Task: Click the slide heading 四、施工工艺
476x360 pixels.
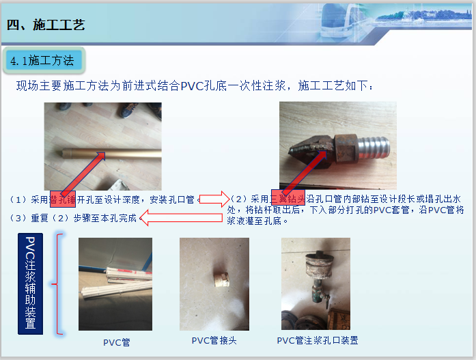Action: pyautogui.click(x=45, y=25)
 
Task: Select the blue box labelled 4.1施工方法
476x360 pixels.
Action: pyautogui.click(x=42, y=61)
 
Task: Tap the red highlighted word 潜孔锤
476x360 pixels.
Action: pyautogui.click(x=63, y=199)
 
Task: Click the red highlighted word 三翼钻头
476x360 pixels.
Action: pyautogui.click(x=288, y=199)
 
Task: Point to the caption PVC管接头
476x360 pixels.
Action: pyautogui.click(x=214, y=340)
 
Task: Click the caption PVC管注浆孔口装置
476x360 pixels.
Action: pyautogui.click(x=317, y=340)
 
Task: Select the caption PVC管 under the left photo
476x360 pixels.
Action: pyautogui.click(x=116, y=342)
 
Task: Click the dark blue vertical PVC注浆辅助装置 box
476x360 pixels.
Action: pyautogui.click(x=30, y=283)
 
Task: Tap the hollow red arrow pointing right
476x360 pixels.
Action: pyautogui.click(x=214, y=199)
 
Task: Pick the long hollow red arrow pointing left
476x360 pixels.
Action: pyautogui.click(x=181, y=219)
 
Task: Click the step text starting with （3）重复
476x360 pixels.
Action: pyautogui.click(x=73, y=219)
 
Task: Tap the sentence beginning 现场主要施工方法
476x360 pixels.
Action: pyautogui.click(x=195, y=86)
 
